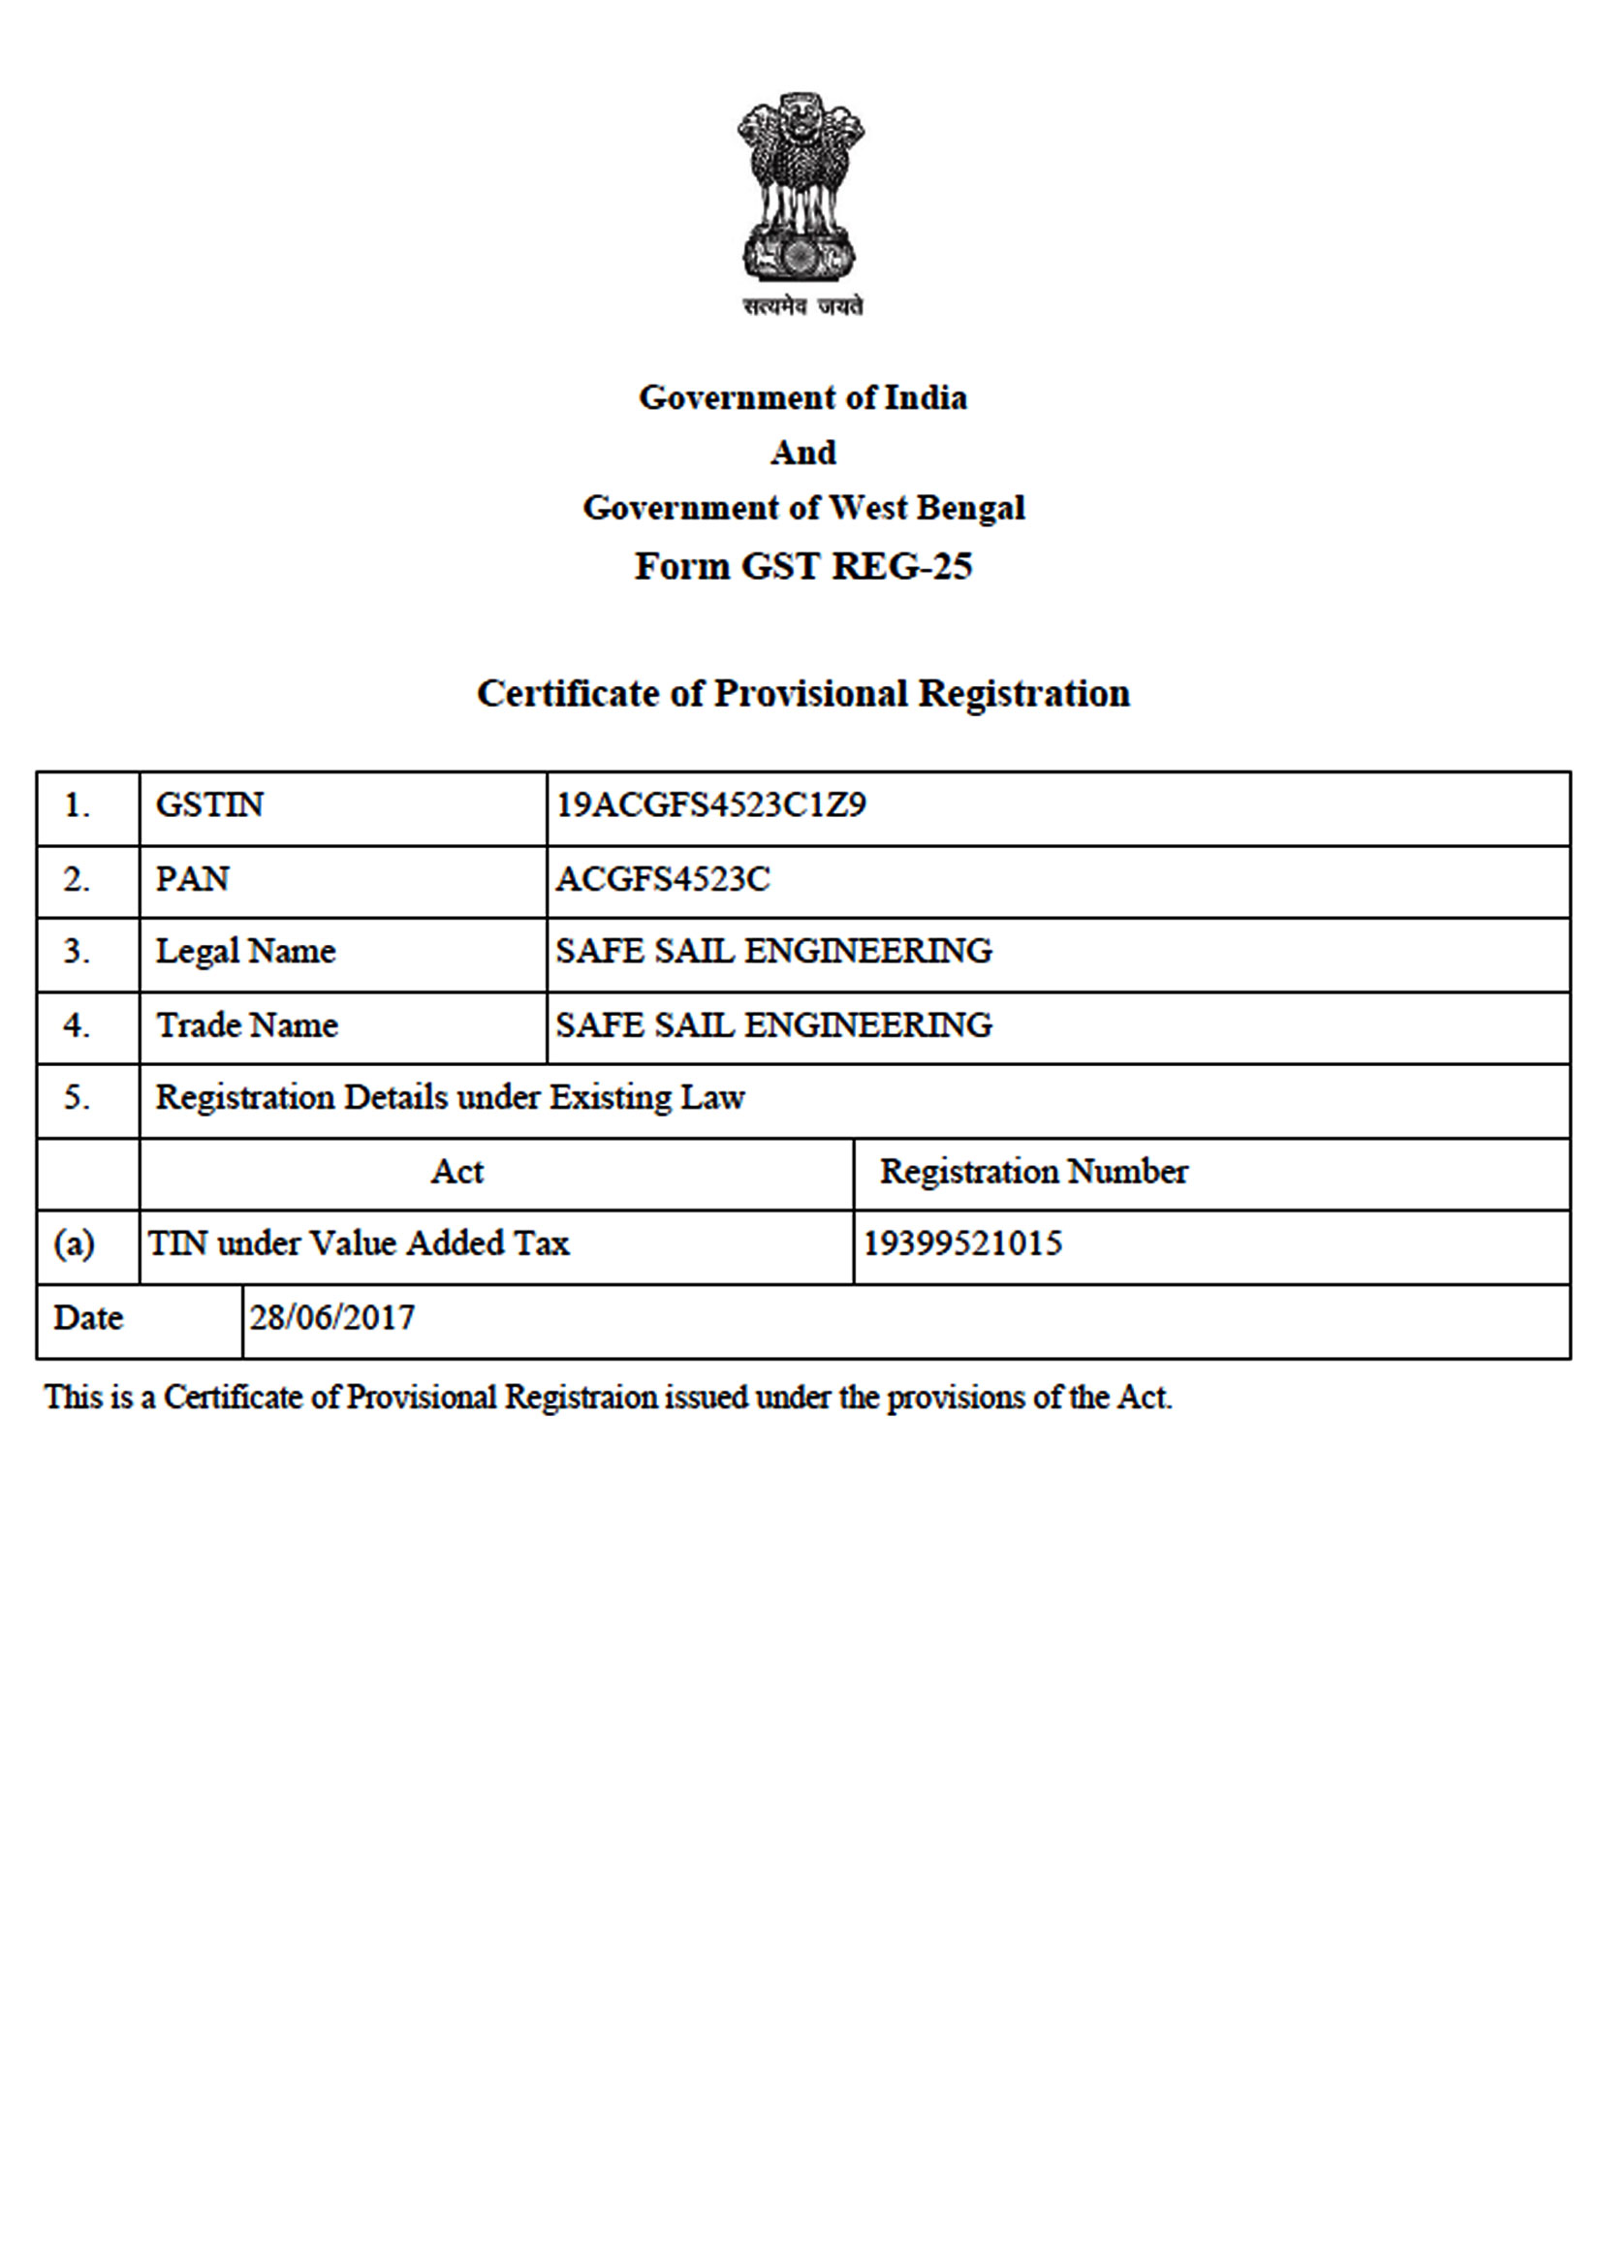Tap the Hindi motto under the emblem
pyautogui.click(x=802, y=307)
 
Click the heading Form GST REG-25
pyautogui.click(x=802, y=566)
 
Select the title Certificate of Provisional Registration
pyautogui.click(x=802, y=693)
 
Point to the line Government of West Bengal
pyautogui.click(x=802, y=507)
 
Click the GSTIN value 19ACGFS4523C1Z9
pyautogui.click(x=710, y=805)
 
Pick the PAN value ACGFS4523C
pyautogui.click(x=662, y=878)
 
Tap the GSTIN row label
pyautogui.click(x=209, y=805)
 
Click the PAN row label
pyautogui.click(x=193, y=878)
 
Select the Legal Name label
pyautogui.click(x=246, y=952)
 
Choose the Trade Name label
pyautogui.click(x=247, y=1025)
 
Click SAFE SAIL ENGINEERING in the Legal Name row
pyautogui.click(x=772, y=952)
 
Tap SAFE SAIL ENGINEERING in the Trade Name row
pyautogui.click(x=772, y=1025)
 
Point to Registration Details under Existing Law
pyautogui.click(x=450, y=1097)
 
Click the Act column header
pyautogui.click(x=457, y=1172)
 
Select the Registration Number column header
pyautogui.click(x=1033, y=1172)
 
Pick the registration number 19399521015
pyautogui.click(x=962, y=1243)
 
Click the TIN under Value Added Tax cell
pyautogui.click(x=359, y=1243)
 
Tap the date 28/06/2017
pyautogui.click(x=331, y=1317)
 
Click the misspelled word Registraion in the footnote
pyautogui.click(x=581, y=1398)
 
